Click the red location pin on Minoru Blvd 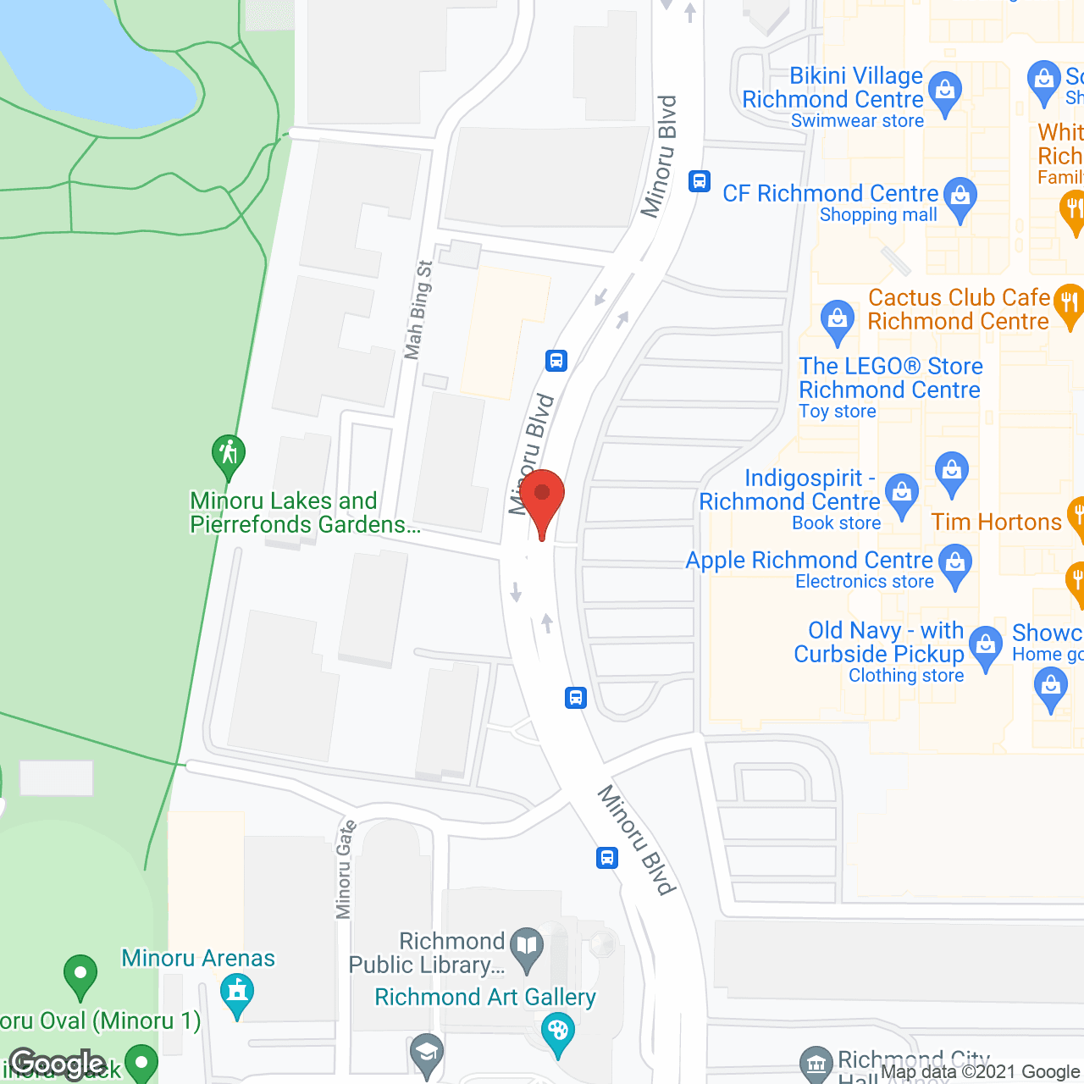click(542, 500)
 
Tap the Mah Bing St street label click(418, 310)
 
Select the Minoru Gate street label click(345, 870)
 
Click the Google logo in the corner click(58, 1064)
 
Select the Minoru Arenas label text click(198, 958)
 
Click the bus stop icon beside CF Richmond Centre click(700, 180)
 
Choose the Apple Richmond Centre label click(809, 561)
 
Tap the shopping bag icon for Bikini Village click(945, 91)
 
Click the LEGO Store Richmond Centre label click(890, 378)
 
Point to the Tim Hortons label click(996, 522)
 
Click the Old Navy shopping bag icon click(985, 645)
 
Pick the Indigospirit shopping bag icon click(901, 493)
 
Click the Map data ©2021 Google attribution click(981, 1072)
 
